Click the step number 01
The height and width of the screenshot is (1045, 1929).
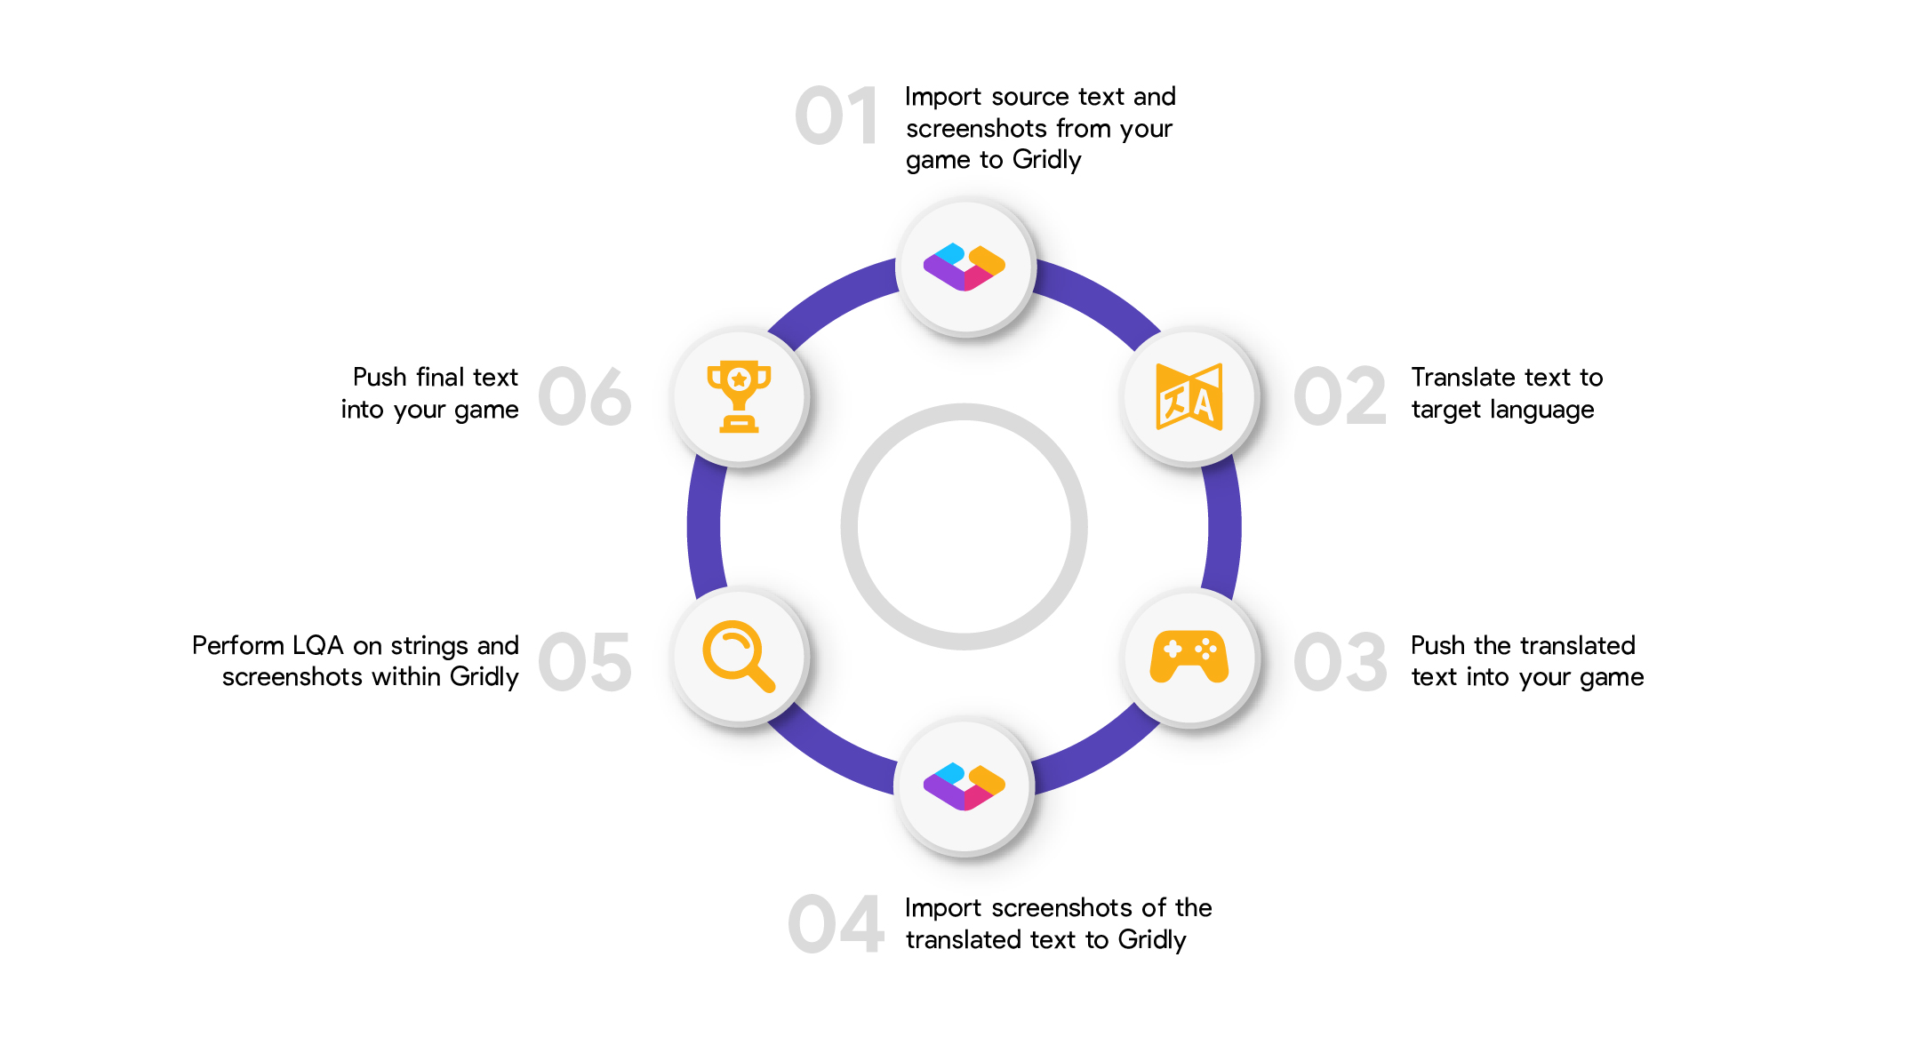click(x=836, y=116)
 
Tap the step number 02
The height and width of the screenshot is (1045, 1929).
click(x=1340, y=396)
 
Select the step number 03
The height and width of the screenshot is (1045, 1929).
click(x=1340, y=662)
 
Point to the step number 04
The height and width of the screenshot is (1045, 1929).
click(x=836, y=924)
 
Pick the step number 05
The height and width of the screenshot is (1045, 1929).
click(x=585, y=662)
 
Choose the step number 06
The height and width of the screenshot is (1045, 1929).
click(x=585, y=396)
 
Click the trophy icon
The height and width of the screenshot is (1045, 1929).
click(x=739, y=396)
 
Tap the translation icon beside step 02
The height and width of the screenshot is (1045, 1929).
click(x=1189, y=396)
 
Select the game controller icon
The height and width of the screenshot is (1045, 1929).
click(x=1189, y=658)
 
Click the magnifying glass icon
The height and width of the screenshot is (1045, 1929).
click(x=739, y=656)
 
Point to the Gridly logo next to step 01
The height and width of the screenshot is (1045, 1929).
click(x=964, y=267)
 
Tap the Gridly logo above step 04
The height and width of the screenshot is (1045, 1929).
click(x=964, y=786)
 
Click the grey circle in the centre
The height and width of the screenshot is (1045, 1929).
click(x=964, y=527)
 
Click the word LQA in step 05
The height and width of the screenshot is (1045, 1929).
click(x=317, y=645)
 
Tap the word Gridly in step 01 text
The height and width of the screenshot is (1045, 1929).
click(x=1046, y=160)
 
